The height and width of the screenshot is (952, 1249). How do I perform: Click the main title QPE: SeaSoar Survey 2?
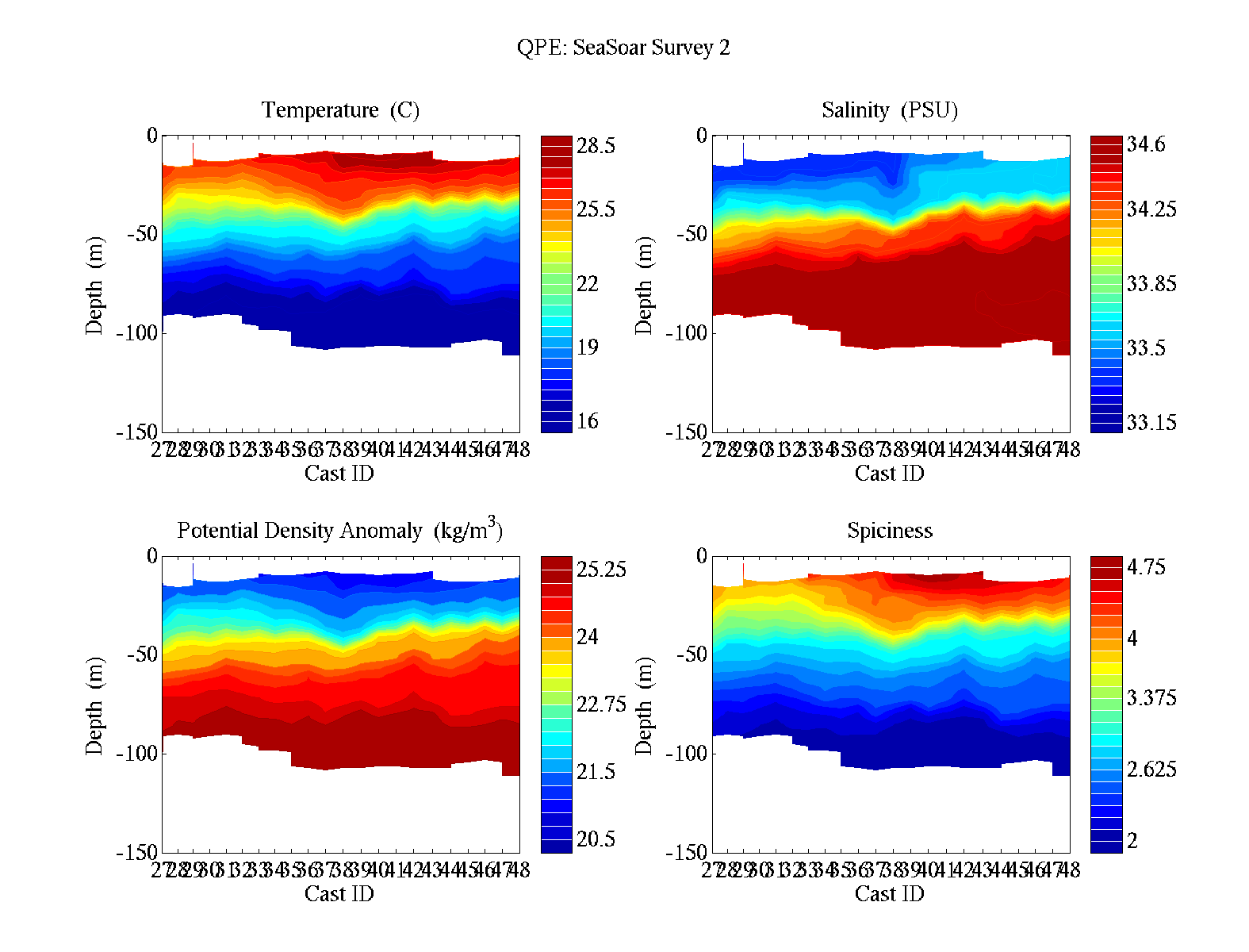pyautogui.click(x=623, y=48)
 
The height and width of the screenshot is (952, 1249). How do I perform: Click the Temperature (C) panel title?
pyautogui.click(x=340, y=110)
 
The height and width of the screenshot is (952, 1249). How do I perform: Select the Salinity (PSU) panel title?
pyautogui.click(x=890, y=110)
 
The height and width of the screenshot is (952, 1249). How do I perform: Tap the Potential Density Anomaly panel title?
pyautogui.click(x=339, y=530)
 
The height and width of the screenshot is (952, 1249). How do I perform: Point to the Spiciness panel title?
pyautogui.click(x=890, y=531)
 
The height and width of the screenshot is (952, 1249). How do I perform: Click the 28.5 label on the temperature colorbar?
pyautogui.click(x=596, y=146)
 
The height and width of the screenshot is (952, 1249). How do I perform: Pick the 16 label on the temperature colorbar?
pyautogui.click(x=588, y=421)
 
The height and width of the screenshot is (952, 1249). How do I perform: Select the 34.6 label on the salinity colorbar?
pyautogui.click(x=1146, y=144)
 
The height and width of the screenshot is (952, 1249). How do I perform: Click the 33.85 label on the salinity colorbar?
pyautogui.click(x=1151, y=284)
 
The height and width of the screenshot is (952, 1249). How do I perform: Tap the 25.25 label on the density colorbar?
pyautogui.click(x=601, y=570)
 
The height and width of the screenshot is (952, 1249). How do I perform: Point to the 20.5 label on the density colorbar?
pyautogui.click(x=596, y=839)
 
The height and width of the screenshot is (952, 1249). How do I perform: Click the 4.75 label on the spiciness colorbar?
pyautogui.click(x=1146, y=567)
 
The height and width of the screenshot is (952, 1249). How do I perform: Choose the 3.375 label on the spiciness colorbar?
pyautogui.click(x=1151, y=698)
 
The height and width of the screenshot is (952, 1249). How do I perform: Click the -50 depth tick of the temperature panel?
pyautogui.click(x=142, y=234)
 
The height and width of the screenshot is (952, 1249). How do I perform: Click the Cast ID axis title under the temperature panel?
pyautogui.click(x=339, y=474)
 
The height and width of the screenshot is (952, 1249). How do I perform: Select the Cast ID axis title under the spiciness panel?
pyautogui.click(x=889, y=894)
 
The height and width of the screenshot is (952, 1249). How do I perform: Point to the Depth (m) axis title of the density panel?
pyautogui.click(x=94, y=705)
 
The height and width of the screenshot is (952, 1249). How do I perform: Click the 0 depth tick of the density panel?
pyautogui.click(x=152, y=556)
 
